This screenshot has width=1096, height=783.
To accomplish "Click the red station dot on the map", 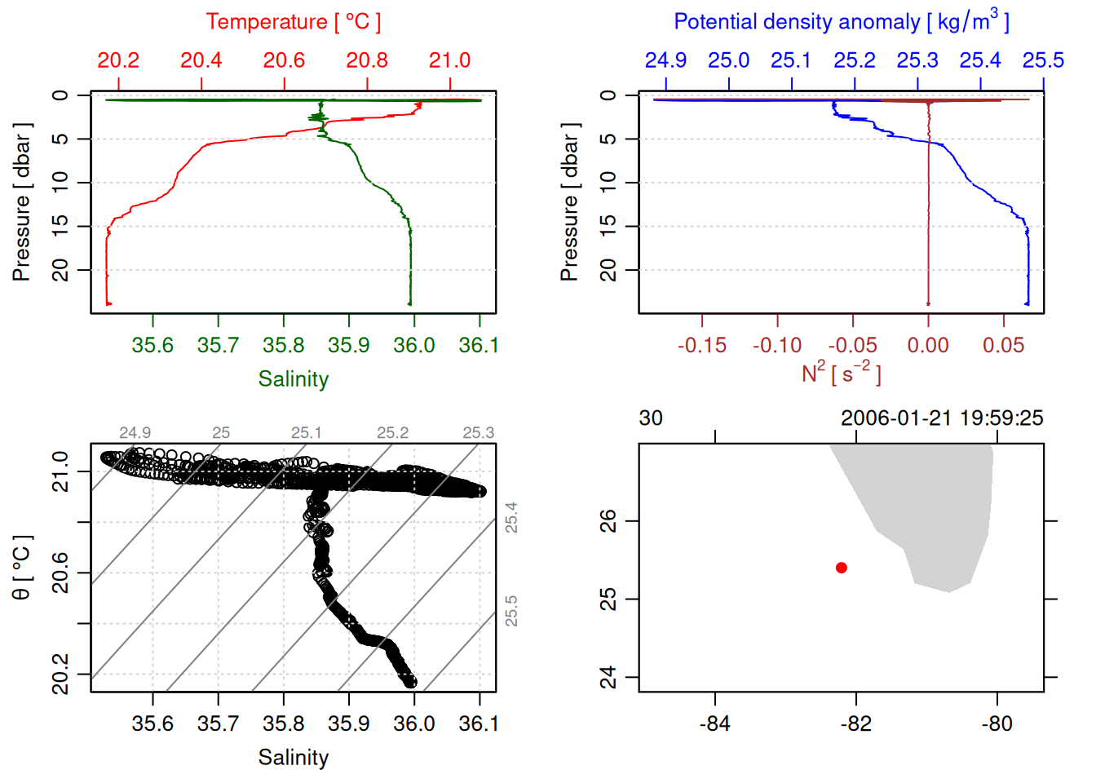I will pyautogui.click(x=841, y=567).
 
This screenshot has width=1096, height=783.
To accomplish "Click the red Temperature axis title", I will pyautogui.click(x=293, y=22).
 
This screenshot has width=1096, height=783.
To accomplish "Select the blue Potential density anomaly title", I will pyautogui.click(x=841, y=21).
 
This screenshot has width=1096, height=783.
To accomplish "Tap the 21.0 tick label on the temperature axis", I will pyautogui.click(x=449, y=60).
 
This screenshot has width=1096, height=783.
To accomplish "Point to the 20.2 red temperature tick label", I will pyautogui.click(x=118, y=60).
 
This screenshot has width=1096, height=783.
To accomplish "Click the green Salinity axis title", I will pyautogui.click(x=293, y=379).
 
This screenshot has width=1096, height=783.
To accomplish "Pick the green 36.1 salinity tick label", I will pyautogui.click(x=479, y=345).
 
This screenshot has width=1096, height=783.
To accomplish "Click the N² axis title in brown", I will pyautogui.click(x=841, y=374).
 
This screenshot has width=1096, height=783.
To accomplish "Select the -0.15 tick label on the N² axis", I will pyautogui.click(x=701, y=345).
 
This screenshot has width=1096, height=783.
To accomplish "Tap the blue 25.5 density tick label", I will pyautogui.click(x=1043, y=60).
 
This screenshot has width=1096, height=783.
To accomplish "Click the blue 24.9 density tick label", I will pyautogui.click(x=665, y=60).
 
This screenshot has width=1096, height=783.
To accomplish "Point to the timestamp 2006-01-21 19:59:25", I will pyautogui.click(x=942, y=418).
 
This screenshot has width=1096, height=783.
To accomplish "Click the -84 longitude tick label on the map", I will pyautogui.click(x=715, y=723).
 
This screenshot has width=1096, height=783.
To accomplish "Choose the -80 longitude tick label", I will pyautogui.click(x=997, y=723).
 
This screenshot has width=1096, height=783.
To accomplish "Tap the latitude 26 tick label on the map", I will pyautogui.click(x=608, y=520).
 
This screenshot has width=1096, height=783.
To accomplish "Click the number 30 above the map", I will pyautogui.click(x=651, y=418).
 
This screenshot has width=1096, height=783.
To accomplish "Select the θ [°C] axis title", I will pyautogui.click(x=22, y=568).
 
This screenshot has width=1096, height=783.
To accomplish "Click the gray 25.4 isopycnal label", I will pyautogui.click(x=511, y=517).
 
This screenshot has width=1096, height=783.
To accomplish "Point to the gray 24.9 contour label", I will pyautogui.click(x=135, y=433).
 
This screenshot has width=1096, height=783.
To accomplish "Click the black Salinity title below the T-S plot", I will pyautogui.click(x=293, y=758).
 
